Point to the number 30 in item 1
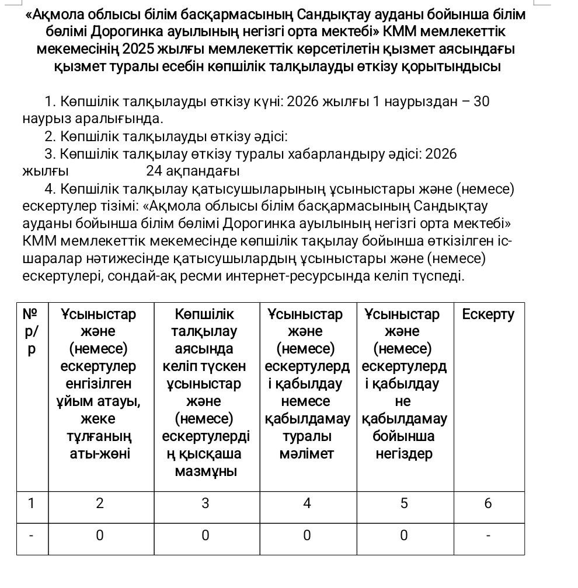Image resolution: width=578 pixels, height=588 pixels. [481, 101]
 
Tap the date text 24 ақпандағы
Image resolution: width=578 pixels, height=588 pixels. [193, 171]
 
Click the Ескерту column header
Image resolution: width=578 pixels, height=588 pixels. [488, 314]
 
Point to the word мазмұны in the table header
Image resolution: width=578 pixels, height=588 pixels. [206, 471]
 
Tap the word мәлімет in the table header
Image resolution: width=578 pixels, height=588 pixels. [307, 454]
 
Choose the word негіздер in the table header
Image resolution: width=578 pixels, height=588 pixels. [403, 454]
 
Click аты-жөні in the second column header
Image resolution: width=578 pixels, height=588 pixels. [100, 454]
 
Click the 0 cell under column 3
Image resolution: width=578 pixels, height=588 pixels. [206, 535]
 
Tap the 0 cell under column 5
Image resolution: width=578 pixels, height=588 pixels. [403, 535]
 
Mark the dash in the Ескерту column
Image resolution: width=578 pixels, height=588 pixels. [488, 535]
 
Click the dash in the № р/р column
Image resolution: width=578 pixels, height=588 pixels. [32, 535]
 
